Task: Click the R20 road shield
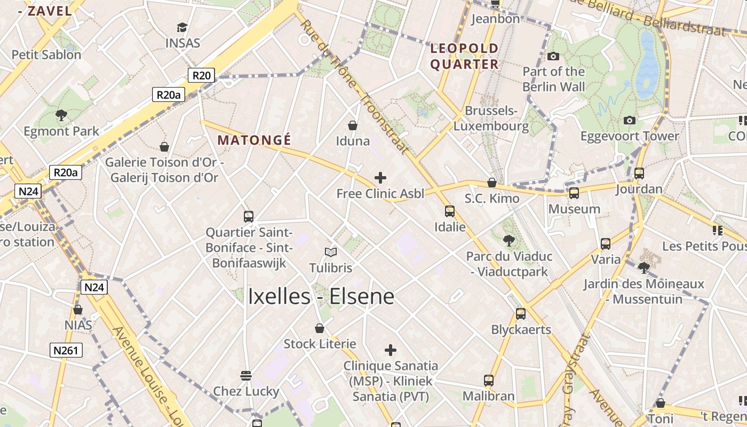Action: (201, 76)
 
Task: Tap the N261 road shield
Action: (67, 350)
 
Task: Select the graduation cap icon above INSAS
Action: (182, 27)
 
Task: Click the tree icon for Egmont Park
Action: (61, 115)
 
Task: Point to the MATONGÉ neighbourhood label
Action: (255, 140)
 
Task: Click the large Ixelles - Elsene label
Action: (321, 297)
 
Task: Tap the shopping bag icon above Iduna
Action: (353, 125)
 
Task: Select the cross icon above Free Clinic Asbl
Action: (380, 177)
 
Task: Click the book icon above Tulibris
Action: (331, 251)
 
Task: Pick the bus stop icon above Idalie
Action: (450, 211)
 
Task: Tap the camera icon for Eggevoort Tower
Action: (630, 120)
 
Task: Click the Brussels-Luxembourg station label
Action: (491, 118)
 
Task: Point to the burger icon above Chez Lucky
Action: (246, 375)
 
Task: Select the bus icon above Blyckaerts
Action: (521, 313)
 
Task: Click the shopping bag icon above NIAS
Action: (78, 310)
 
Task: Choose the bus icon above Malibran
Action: (489, 380)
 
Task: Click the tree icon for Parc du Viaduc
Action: (509, 240)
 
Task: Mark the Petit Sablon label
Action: (46, 54)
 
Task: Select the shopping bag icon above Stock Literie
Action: (320, 328)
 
